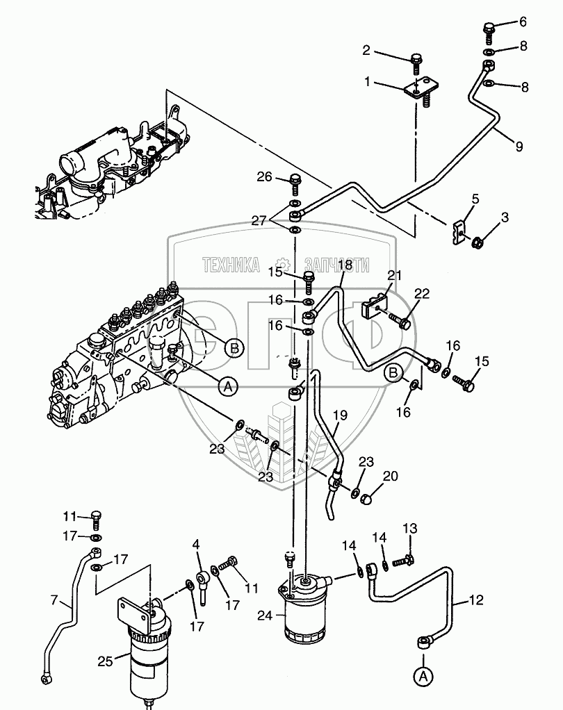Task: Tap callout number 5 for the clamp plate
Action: [x=475, y=199]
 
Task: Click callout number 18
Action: [x=345, y=265]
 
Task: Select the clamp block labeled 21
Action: [x=375, y=306]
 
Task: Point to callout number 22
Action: [x=422, y=293]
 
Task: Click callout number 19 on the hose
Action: [x=339, y=417]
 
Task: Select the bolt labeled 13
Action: [x=408, y=557]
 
